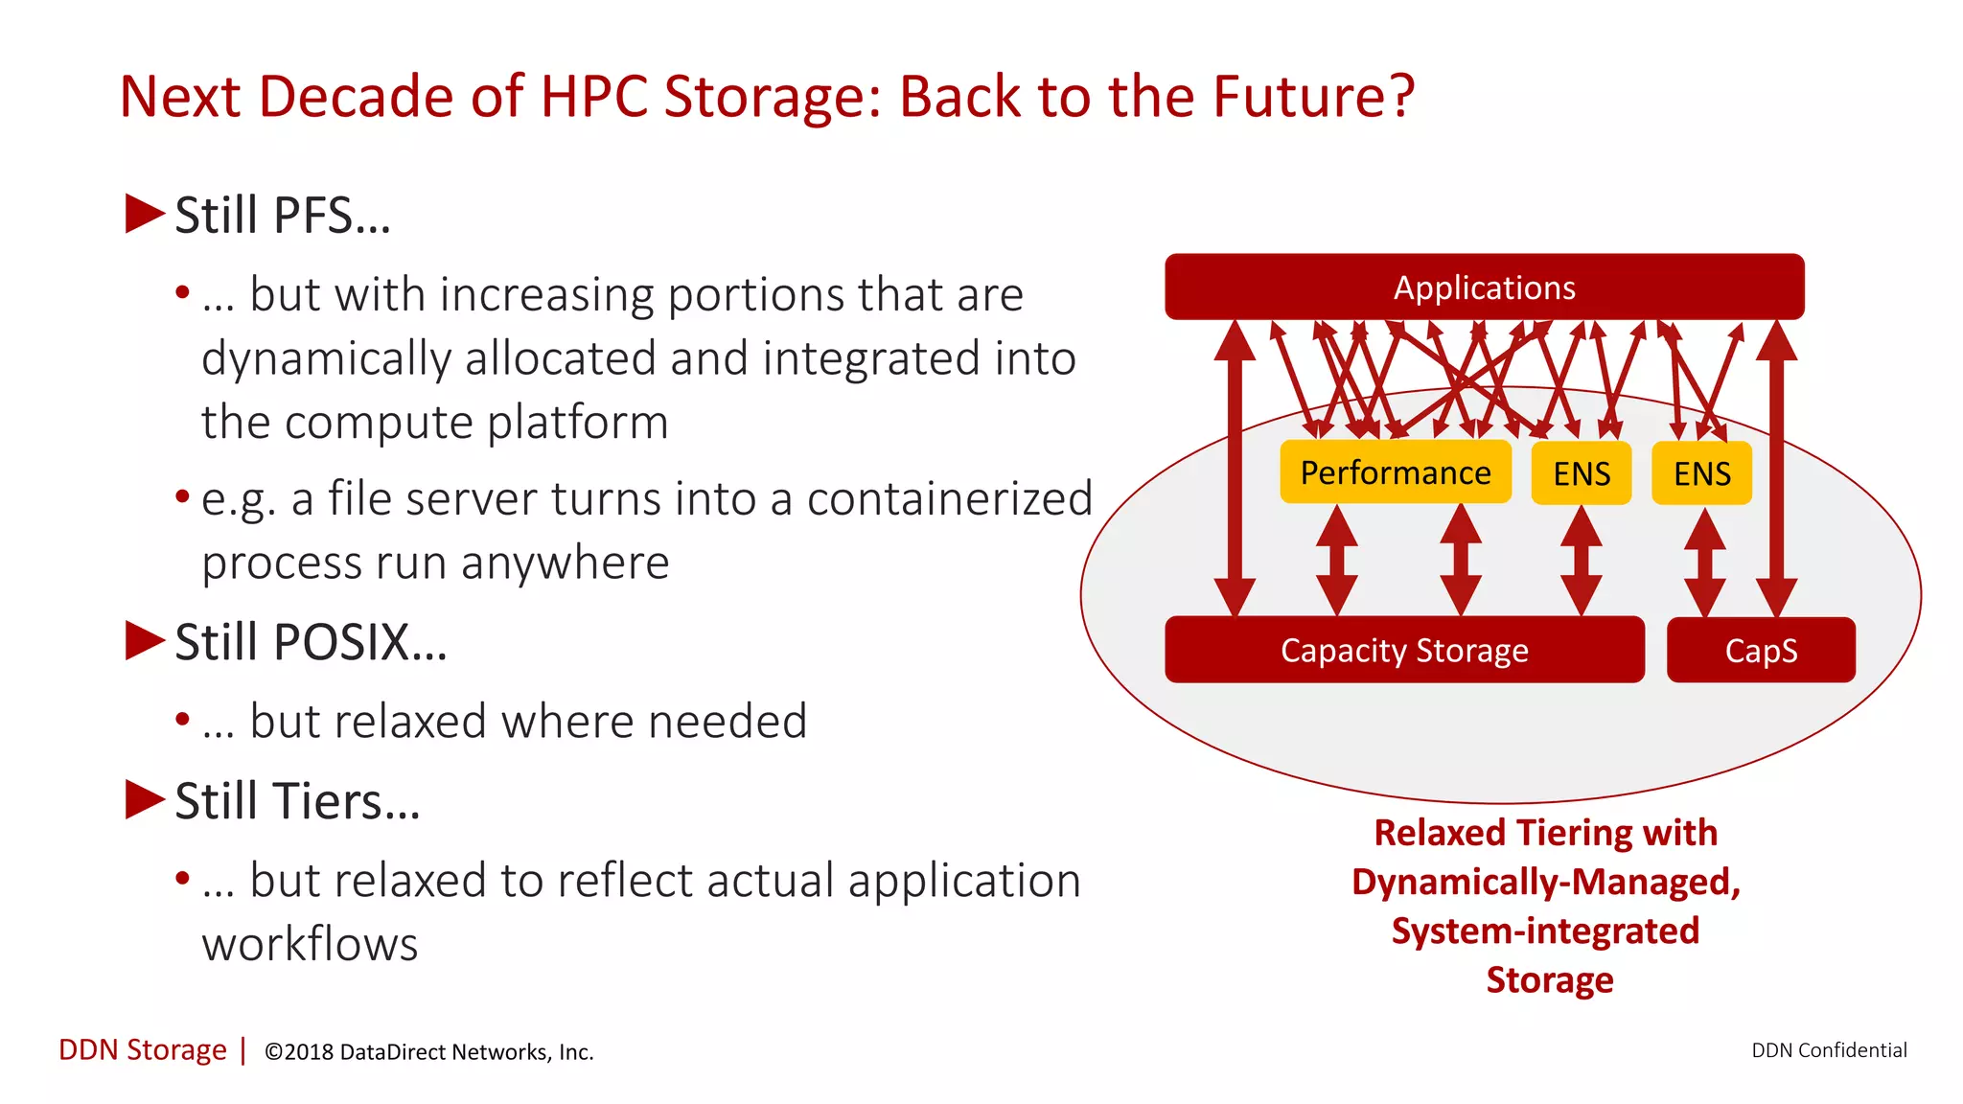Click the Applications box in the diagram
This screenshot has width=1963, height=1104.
(x=1484, y=287)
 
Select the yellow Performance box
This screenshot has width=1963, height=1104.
(x=1395, y=472)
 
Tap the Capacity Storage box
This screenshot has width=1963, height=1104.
(x=1404, y=650)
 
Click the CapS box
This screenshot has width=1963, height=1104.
(x=1761, y=650)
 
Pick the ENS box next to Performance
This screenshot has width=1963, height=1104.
(x=1582, y=473)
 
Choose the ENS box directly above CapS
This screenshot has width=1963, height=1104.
(x=1701, y=473)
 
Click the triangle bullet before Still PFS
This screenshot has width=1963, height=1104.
(x=145, y=214)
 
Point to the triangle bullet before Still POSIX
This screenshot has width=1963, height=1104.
(x=145, y=641)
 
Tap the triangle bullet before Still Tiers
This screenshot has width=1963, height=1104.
(x=145, y=799)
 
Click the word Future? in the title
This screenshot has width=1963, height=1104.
(x=1313, y=97)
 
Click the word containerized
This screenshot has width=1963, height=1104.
(x=949, y=498)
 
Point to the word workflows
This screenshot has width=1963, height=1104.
(x=310, y=944)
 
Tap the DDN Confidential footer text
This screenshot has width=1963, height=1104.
(x=1829, y=1050)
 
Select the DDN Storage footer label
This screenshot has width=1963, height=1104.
(x=143, y=1050)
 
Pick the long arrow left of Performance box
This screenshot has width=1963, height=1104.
(x=1235, y=470)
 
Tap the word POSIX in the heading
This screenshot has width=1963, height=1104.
(x=341, y=642)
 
